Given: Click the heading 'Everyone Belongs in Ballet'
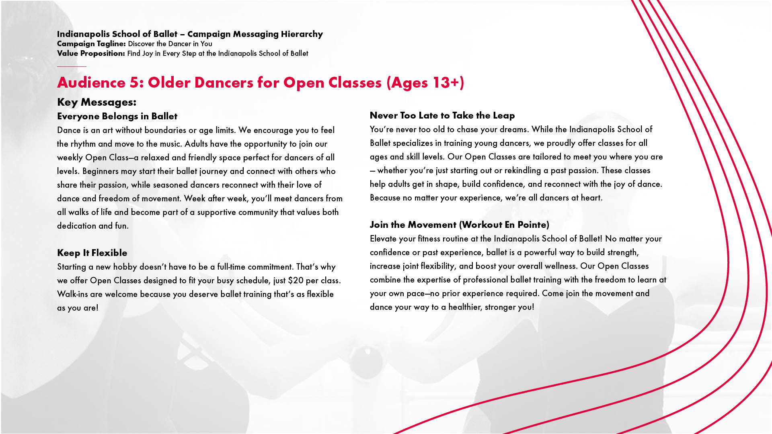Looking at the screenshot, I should [117, 116].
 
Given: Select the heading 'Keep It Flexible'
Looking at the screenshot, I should [92, 253].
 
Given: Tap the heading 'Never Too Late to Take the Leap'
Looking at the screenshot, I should [442, 115].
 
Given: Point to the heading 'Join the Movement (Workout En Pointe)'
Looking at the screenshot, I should [459, 225].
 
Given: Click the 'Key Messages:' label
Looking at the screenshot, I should [96, 102].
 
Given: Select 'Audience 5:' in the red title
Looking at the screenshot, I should [100, 82].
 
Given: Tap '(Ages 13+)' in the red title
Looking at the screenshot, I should [425, 82].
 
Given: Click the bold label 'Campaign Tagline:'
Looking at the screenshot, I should [91, 44].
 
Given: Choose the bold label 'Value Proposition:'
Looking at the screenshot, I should [91, 53].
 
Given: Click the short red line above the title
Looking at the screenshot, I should [72, 66].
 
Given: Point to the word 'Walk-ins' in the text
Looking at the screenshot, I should [72, 294].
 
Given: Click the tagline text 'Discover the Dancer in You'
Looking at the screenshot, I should [170, 44].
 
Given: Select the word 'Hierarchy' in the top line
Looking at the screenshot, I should [302, 34].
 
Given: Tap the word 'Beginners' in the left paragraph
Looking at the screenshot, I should [101, 171].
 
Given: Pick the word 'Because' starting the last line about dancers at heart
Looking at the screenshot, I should [384, 198].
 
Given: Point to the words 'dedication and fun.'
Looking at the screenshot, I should [93, 226].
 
